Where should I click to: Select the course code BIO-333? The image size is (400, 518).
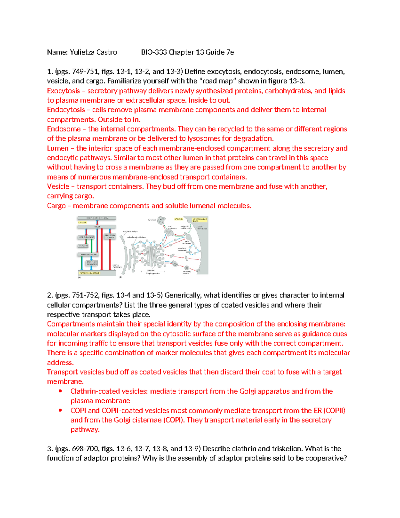point(154,52)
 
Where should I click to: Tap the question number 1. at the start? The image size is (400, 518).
point(50,71)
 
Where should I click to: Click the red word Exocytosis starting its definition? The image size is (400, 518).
point(63,91)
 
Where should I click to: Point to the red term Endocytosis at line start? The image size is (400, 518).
point(66,110)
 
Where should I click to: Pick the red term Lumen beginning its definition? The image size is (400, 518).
point(58,148)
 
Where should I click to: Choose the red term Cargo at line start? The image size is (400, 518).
point(56,206)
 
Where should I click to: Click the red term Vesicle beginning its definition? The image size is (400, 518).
point(58,186)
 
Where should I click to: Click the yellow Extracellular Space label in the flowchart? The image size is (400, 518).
point(89,273)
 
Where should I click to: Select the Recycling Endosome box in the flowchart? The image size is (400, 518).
point(92,263)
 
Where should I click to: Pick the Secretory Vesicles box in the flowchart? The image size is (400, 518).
point(110,236)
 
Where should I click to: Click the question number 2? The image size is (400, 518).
point(50,295)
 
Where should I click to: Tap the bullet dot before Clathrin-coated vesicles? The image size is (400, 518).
point(60,391)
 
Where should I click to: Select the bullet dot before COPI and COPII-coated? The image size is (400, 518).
point(60,410)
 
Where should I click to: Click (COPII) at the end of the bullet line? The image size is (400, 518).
point(334,411)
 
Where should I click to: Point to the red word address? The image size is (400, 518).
point(60,363)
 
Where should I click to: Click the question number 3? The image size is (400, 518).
point(50,449)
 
